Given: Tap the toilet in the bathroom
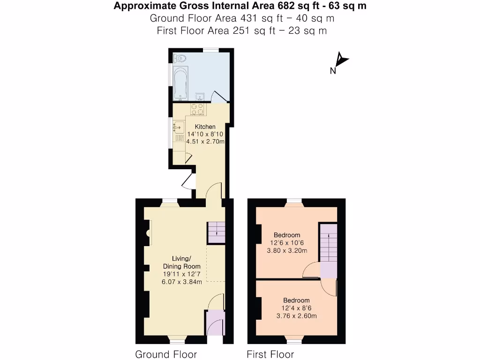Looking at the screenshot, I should (x=180, y=59).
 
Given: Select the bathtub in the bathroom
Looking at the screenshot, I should (x=181, y=83).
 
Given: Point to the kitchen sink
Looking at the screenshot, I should (x=178, y=127).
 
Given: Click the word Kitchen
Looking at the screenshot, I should (x=205, y=127).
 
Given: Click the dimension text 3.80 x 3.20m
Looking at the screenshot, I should (x=287, y=250).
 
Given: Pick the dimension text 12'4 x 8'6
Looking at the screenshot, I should (x=296, y=308).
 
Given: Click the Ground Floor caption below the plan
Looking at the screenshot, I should (x=166, y=354).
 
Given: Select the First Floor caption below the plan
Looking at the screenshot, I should (x=270, y=354).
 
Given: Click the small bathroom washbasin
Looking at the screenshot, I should (x=200, y=97).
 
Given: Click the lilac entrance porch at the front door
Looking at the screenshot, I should (x=215, y=323).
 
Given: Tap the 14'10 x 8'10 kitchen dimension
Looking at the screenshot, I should (x=205, y=134).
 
